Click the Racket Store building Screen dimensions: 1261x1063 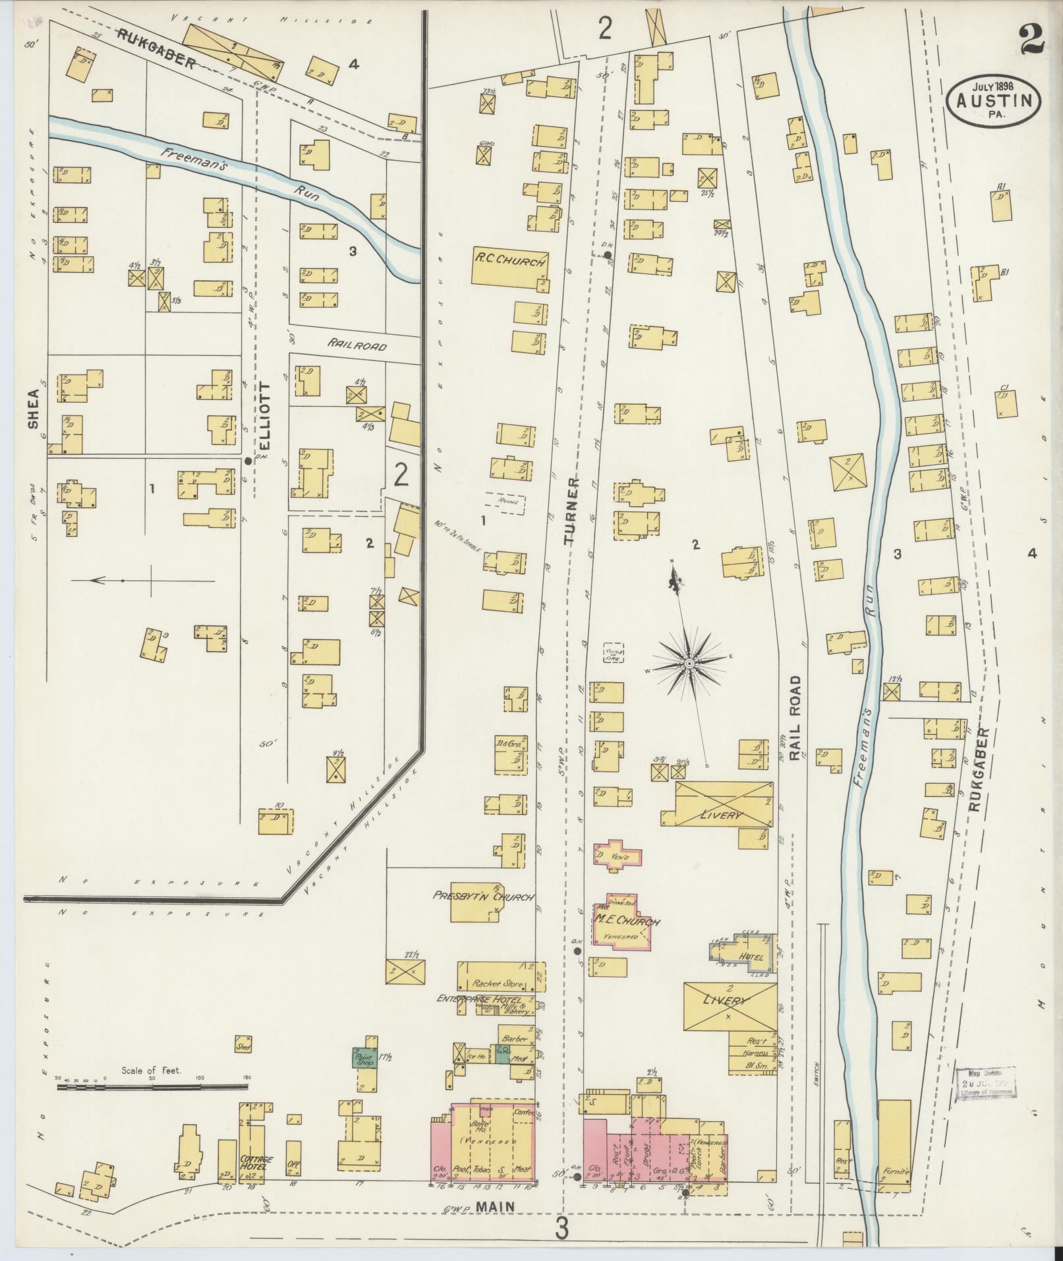(x=500, y=983)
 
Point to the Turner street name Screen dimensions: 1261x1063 (x=570, y=512)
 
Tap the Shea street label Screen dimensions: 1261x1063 (x=33, y=409)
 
